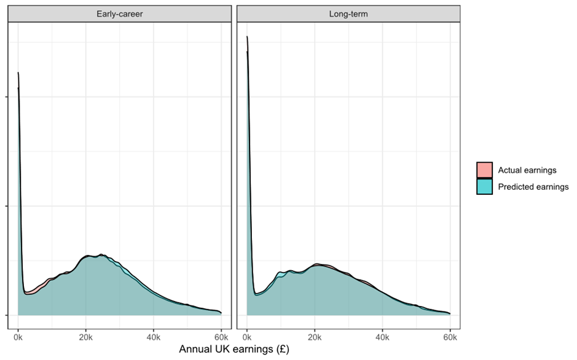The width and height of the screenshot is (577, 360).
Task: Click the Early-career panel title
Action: [120, 14]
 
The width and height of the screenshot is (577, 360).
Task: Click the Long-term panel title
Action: [348, 14]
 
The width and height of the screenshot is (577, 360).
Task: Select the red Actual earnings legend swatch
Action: [485, 170]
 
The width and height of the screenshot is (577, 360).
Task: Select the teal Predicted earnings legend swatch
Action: [485, 187]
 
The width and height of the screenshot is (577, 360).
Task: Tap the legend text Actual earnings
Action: [527, 170]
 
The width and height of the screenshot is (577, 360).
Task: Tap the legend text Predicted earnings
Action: [533, 187]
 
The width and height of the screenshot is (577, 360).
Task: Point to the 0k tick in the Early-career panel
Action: [18, 337]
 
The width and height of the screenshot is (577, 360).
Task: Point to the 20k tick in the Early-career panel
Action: [86, 337]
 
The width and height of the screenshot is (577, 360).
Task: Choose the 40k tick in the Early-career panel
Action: [154, 337]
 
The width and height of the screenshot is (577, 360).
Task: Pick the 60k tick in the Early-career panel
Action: [221, 337]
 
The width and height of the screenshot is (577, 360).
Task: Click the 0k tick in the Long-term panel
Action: [247, 337]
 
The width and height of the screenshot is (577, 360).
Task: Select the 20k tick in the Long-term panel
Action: [315, 337]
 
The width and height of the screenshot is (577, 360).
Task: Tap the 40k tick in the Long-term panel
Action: [382, 337]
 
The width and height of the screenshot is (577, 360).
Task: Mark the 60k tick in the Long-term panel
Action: [450, 337]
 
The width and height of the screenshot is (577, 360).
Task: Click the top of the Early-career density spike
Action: [18, 73]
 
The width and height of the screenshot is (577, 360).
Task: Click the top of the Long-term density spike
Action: [247, 37]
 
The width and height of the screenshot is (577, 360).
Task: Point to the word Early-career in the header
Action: [120, 14]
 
